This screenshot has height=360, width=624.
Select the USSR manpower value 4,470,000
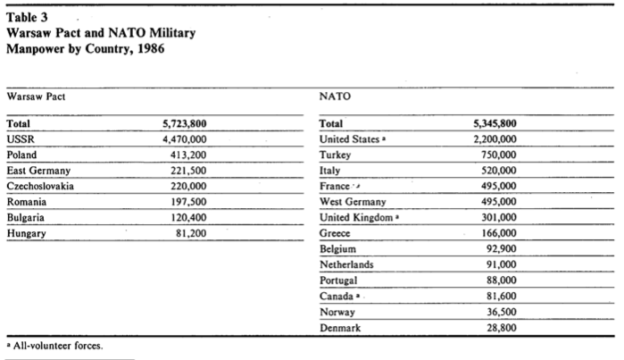point(185,139)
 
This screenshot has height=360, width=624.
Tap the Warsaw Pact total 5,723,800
point(185,124)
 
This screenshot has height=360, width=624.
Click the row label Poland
point(21,155)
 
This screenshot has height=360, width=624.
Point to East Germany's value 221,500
point(188,170)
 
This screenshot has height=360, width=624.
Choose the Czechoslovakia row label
point(40,186)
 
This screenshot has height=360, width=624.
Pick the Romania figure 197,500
point(188,202)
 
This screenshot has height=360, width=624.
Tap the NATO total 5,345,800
point(494,124)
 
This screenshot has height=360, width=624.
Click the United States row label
point(348,139)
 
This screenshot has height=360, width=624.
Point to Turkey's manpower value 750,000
point(497,155)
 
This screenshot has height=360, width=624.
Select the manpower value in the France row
point(497,186)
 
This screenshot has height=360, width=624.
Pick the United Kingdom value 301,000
point(497,218)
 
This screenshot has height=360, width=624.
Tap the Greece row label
point(336,234)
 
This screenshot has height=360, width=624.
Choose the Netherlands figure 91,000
point(501,264)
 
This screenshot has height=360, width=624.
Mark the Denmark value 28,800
point(501,328)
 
